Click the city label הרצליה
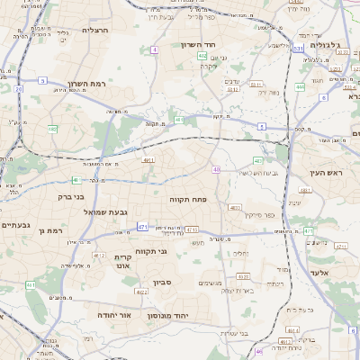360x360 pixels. pyautogui.click(x=94, y=30)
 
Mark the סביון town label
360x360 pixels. pyautogui.click(x=163, y=283)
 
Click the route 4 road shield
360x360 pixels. pyautogui.click(x=155, y=49)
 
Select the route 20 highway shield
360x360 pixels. pyautogui.click(x=19, y=89)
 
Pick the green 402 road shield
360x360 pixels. pyautogui.click(x=202, y=56)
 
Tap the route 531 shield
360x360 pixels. pyautogui.click(x=298, y=49)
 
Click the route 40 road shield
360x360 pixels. pyautogui.click(x=216, y=169)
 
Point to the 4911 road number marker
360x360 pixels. pyautogui.click(x=148, y=160)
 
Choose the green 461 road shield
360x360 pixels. pyautogui.click(x=179, y=120)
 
